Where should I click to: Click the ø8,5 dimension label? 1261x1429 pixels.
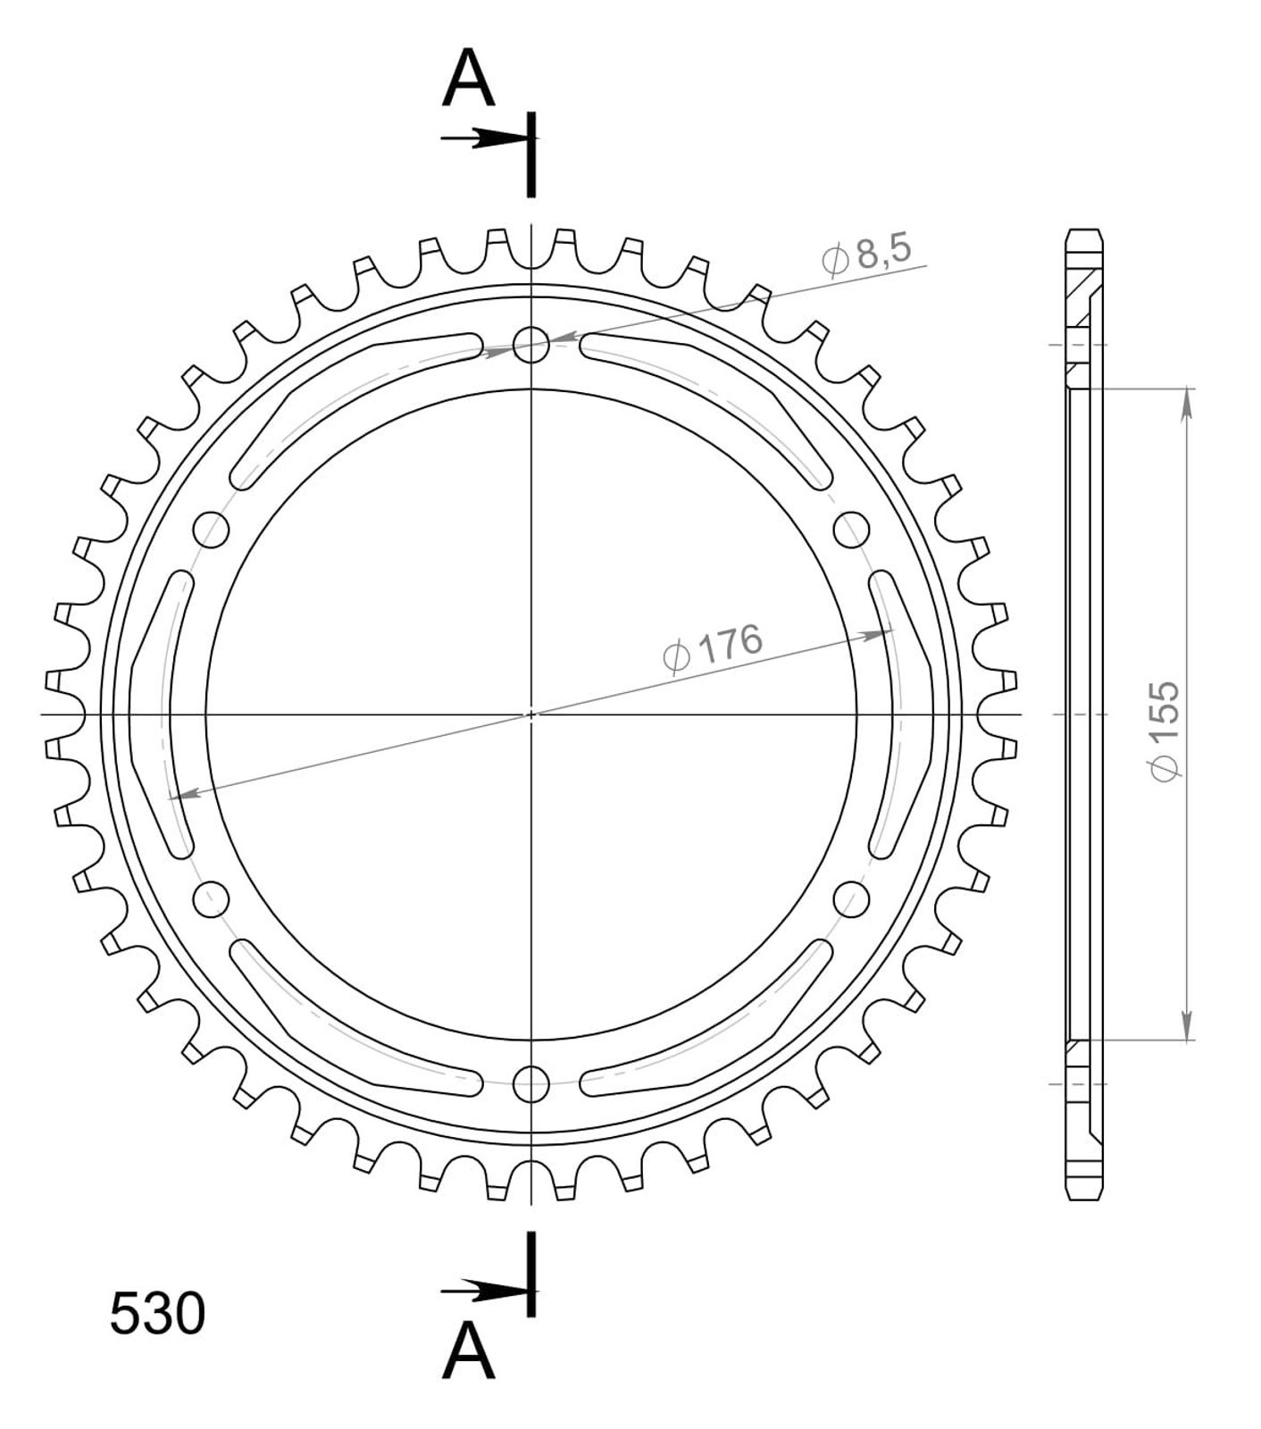pos(866,255)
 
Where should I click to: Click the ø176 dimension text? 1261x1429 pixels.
pos(713,648)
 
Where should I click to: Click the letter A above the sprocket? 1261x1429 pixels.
pos(470,78)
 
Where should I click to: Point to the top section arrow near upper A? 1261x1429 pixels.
pos(487,138)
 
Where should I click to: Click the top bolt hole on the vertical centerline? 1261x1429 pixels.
pos(532,344)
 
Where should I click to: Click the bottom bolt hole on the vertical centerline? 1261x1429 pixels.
pos(532,1083)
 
